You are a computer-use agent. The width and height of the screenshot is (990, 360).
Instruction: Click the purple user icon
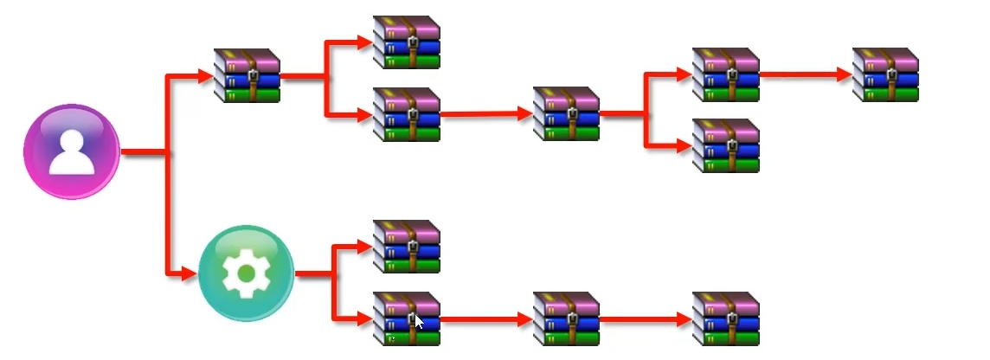pos(71,152)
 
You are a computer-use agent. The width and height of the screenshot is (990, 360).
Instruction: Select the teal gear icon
pos(246,273)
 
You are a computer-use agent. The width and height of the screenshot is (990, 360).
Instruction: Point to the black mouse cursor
pos(419,322)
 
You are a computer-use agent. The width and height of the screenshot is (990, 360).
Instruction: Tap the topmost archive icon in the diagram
pos(406,42)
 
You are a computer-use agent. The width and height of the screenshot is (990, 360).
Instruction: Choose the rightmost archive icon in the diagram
pos(884,74)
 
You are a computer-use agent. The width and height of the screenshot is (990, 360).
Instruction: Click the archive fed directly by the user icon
pos(247,76)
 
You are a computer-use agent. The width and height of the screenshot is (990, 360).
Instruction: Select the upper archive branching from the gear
pos(406,247)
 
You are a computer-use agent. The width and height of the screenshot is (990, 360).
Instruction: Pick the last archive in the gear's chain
pos(725,318)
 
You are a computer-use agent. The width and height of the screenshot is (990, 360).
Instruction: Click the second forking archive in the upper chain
pos(566,112)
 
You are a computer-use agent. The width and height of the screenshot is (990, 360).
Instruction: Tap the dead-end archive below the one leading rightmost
pos(725,145)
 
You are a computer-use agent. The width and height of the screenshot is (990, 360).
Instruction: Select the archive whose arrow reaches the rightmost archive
pos(725,74)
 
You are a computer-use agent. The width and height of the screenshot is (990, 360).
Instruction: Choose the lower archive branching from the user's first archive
pos(406,113)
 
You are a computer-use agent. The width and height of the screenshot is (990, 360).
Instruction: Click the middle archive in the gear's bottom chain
pos(566,318)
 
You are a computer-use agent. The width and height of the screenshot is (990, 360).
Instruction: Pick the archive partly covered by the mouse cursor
pos(406,318)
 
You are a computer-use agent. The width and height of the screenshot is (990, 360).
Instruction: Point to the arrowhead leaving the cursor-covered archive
pos(524,319)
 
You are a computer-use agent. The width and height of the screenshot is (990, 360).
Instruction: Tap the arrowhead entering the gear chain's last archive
pos(684,319)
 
